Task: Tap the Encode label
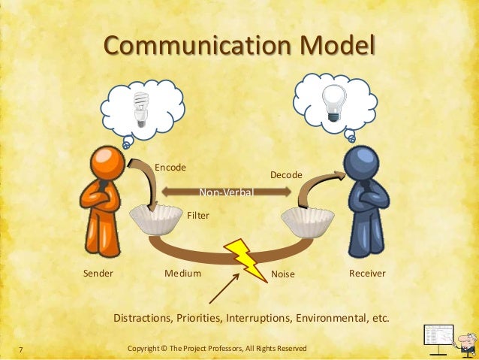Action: point(170,167)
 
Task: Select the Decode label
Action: point(285,174)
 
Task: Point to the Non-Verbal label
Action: point(227,193)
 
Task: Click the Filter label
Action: point(197,215)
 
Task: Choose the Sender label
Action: point(98,274)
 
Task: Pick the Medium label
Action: point(182,274)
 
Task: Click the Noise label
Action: point(283,274)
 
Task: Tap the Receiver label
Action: point(367,274)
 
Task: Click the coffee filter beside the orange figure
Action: point(155,219)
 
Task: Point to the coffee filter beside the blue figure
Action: point(308,222)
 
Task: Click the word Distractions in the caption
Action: point(143,318)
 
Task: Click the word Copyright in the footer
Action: point(149,349)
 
